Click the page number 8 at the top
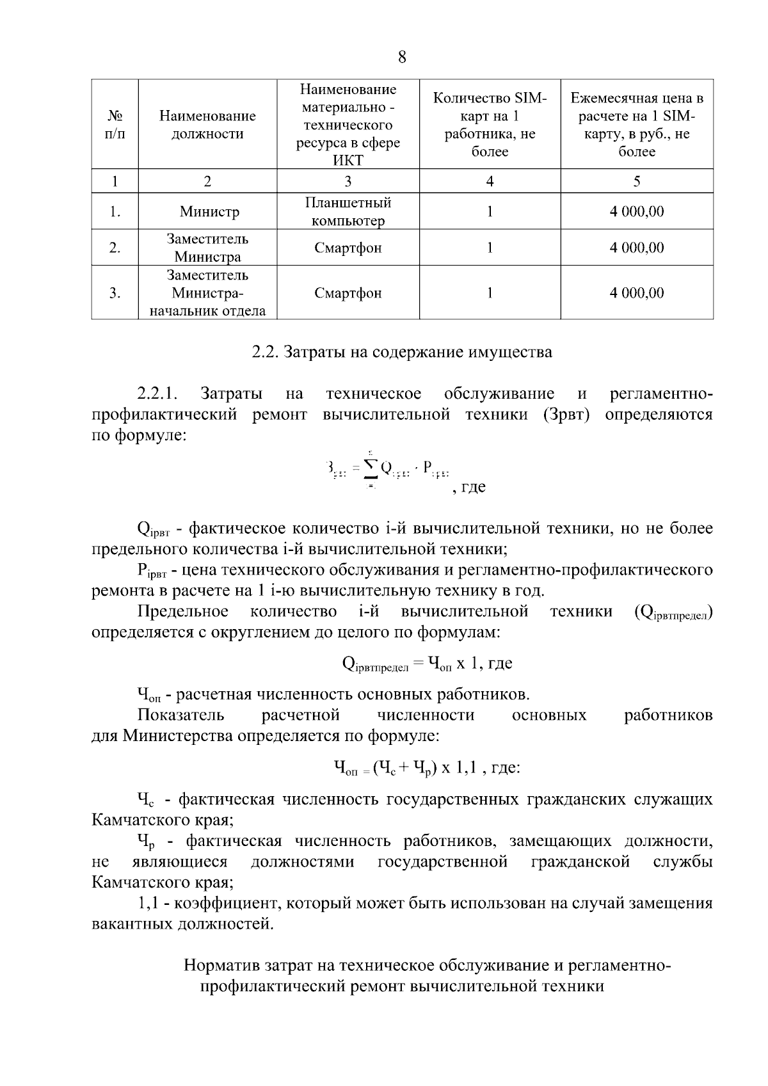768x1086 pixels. pos(401,58)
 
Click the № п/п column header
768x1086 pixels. pos(115,125)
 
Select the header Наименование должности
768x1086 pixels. pos(207,125)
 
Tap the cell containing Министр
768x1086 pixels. pos(209,212)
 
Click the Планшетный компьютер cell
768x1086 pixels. pos(348,212)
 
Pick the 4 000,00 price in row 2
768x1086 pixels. pos(637,248)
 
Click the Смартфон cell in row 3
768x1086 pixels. pos(348,293)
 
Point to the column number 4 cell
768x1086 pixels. pos(490,182)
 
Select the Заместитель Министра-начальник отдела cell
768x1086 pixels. pos(207,293)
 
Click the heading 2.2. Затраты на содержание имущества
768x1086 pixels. pos(401,352)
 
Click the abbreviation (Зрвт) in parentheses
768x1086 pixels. pos(566,414)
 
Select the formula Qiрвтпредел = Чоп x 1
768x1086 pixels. pos(428,664)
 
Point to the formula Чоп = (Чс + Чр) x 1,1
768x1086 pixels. pos(427,767)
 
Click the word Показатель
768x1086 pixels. pos(180,715)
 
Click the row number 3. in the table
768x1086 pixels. pos(115,293)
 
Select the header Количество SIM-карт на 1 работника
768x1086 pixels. pos(490,125)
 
